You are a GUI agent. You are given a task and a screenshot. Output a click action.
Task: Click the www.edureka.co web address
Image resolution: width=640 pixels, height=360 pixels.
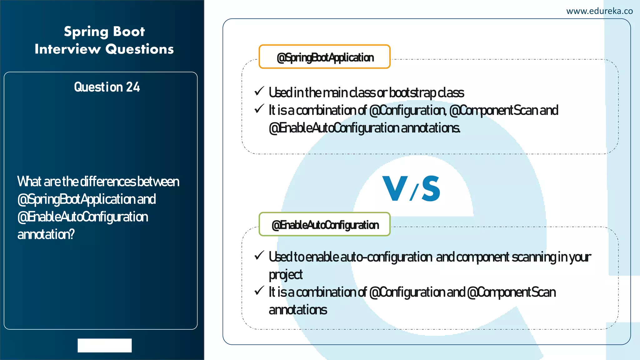[599, 11]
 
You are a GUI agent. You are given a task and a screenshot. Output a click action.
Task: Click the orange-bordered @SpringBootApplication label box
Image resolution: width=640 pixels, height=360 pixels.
[324, 57]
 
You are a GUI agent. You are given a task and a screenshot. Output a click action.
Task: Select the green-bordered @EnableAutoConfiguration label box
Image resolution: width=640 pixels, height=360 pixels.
[324, 224]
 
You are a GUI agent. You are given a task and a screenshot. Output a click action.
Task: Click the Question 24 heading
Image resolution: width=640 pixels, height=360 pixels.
[107, 87]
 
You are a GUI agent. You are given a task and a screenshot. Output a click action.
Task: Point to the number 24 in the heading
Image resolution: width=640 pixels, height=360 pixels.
[133, 87]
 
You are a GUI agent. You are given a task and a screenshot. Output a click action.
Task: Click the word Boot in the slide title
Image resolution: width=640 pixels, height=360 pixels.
[129, 32]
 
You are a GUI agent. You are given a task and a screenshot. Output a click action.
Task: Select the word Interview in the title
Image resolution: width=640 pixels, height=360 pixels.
[68, 49]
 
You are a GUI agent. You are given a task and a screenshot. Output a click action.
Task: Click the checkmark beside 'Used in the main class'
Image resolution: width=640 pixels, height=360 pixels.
[259, 91]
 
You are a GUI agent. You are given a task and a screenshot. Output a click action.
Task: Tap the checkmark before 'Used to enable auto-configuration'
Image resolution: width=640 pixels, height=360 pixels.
[259, 255]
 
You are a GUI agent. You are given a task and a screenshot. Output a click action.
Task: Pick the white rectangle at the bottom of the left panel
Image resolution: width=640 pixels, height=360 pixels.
[105, 345]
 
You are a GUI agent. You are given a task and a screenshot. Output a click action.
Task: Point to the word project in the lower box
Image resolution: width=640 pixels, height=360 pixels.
[286, 275]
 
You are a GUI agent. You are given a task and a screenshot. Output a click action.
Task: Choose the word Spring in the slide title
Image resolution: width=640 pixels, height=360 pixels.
[86, 32]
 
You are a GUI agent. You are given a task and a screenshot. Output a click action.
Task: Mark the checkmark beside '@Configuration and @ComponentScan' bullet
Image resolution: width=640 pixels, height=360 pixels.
[259, 291]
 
